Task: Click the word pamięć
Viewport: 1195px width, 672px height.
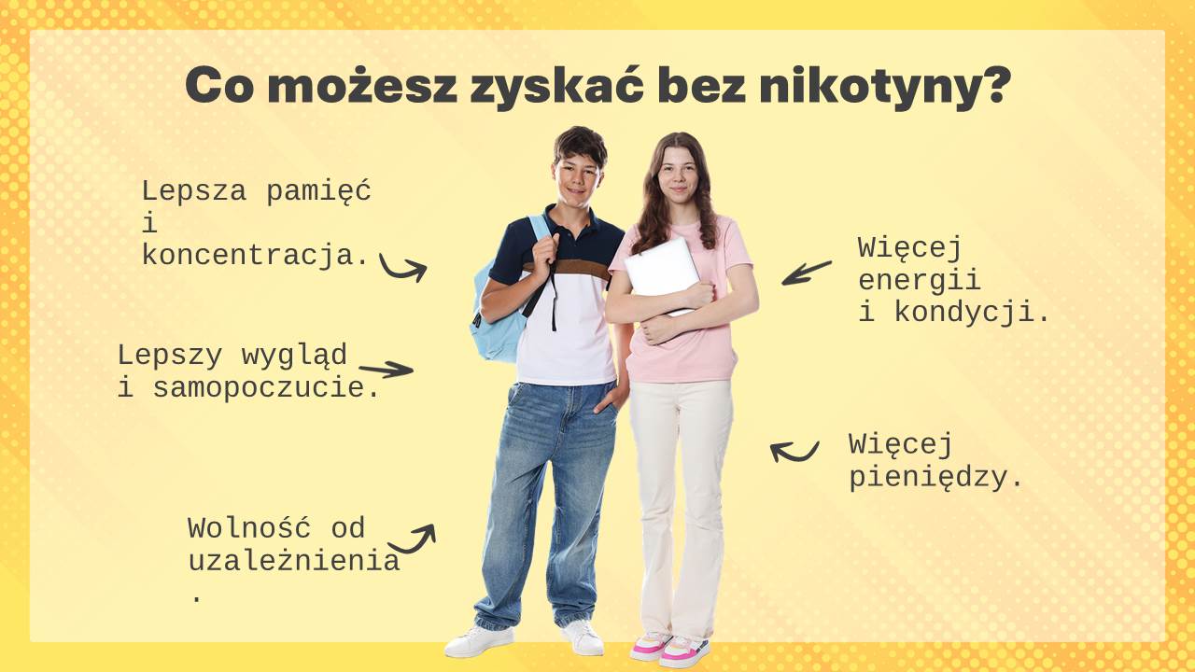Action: click(x=318, y=191)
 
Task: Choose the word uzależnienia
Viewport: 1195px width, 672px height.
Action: click(x=294, y=561)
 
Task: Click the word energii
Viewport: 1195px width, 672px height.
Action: click(x=920, y=279)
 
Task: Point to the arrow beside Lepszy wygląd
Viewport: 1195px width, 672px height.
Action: click(x=387, y=369)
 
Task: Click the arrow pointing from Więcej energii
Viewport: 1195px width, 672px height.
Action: click(x=807, y=273)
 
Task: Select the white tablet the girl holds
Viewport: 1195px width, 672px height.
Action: click(x=663, y=273)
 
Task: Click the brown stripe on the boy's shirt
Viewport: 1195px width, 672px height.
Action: click(x=568, y=268)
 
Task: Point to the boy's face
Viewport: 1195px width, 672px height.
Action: click(x=577, y=177)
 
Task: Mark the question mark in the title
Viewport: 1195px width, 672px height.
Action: click(x=992, y=84)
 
